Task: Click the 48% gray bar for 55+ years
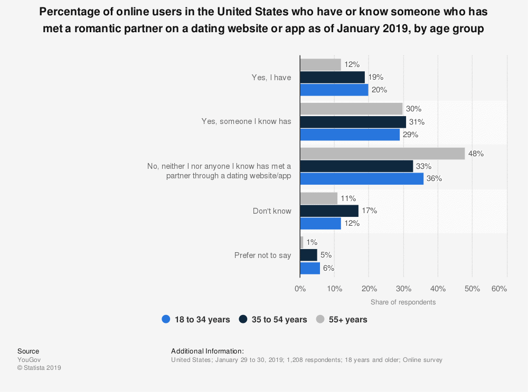click(x=382, y=154)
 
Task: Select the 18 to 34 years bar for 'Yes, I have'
click(x=334, y=90)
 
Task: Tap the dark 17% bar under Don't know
click(x=329, y=211)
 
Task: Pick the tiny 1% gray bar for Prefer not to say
click(x=301, y=243)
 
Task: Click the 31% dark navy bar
click(x=353, y=122)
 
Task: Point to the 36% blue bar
click(x=362, y=179)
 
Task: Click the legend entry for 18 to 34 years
click(x=196, y=319)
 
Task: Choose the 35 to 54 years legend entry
click(x=273, y=319)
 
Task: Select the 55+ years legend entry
click(x=342, y=319)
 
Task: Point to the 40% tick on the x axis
click(x=438, y=289)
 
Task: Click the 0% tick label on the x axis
click(x=300, y=289)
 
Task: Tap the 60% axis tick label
click(x=499, y=289)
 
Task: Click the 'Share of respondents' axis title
click(x=403, y=302)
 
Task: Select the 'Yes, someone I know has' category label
click(x=246, y=121)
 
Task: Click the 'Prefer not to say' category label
click(x=262, y=255)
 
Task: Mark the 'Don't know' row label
click(x=272, y=211)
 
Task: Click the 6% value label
click(x=329, y=268)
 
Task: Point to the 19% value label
click(x=375, y=77)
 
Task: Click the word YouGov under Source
click(x=29, y=360)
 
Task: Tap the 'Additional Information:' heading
click(x=207, y=351)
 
